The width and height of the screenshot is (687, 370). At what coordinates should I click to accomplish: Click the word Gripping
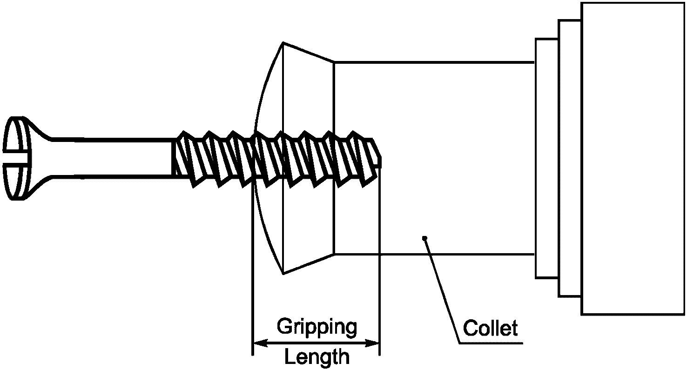[x=317, y=327]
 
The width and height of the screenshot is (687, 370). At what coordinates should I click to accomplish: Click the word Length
[x=317, y=357]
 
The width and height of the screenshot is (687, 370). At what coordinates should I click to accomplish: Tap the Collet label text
[x=491, y=329]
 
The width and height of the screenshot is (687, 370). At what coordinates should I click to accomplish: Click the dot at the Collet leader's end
[x=424, y=239]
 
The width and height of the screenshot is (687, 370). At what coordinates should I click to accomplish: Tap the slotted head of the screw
[x=16, y=158]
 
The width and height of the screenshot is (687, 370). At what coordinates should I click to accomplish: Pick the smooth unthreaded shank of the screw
[x=112, y=157]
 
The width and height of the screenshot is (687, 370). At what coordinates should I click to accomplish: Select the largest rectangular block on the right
[x=633, y=158]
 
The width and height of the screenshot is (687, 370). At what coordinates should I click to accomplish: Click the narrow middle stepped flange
[x=570, y=158]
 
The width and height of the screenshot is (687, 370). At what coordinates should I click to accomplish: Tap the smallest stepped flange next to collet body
[x=547, y=158]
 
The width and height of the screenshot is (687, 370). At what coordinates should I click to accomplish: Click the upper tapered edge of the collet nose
[x=308, y=52]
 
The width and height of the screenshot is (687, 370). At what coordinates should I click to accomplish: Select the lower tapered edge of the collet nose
[x=308, y=264]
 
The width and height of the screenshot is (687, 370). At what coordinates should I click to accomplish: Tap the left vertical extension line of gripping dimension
[x=252, y=279]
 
